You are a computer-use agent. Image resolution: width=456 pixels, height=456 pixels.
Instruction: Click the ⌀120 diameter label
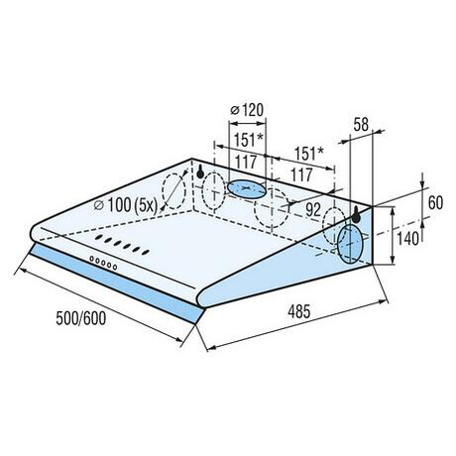pos(247,110)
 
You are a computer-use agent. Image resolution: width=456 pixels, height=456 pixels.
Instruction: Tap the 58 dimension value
pos(361,125)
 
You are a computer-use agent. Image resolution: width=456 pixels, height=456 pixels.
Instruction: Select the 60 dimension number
pos(435,202)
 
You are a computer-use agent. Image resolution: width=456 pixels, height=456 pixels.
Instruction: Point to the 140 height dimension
pos(407,238)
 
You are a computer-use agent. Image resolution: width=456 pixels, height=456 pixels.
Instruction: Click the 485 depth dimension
pos(299,311)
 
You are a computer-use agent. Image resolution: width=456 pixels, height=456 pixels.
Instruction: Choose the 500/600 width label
pos(81,318)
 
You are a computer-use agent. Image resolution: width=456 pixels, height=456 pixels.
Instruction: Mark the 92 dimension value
pos(313,209)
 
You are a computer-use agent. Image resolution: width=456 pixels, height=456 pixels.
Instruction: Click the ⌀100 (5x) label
pos(126,205)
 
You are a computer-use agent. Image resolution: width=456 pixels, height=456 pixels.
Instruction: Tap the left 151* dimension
pos(248,140)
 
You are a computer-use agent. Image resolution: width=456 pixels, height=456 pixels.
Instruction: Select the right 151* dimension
pos(308,153)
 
